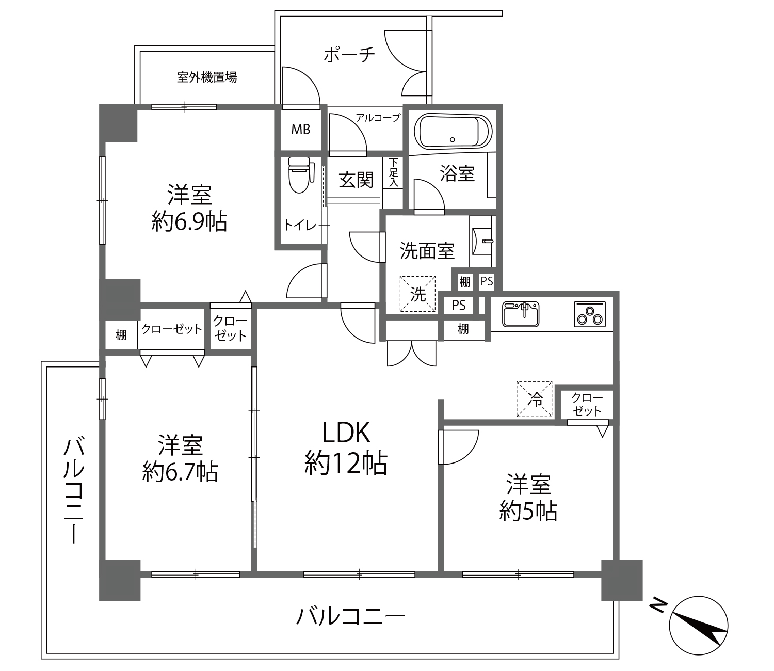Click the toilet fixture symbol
pos(300,175)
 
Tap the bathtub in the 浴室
pos(453,132)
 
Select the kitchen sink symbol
pos(521,314)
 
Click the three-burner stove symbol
pos(590,314)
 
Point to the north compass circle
pos(699,625)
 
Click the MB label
pos(301,130)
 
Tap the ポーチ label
pos(349,55)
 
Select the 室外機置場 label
pos(207,77)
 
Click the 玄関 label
pos(356,180)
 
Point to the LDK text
pos(346,433)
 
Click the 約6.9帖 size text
pos(189,221)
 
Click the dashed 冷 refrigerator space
pos(535,399)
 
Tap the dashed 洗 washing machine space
pos(417,294)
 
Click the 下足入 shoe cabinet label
pos(393,173)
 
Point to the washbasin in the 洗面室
pos(482,242)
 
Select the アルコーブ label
pos(378,118)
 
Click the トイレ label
pos(300,225)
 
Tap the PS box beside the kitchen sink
pos(459,306)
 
